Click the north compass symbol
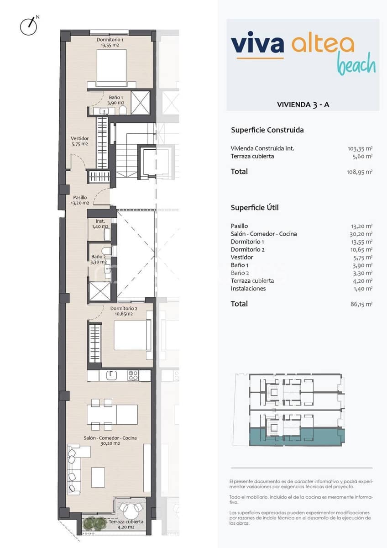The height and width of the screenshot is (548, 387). click(x=29, y=26)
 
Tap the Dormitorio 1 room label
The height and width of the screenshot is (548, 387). click(x=110, y=42)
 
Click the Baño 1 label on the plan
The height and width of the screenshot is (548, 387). click(x=115, y=100)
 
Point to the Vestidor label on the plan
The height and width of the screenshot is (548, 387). click(x=79, y=141)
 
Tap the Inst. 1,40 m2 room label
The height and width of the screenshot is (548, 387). click(x=100, y=224)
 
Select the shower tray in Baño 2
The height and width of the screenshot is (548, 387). click(x=99, y=291)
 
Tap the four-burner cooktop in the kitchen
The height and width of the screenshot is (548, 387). click(x=133, y=375)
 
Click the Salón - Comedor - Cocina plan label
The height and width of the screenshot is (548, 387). click(x=110, y=440)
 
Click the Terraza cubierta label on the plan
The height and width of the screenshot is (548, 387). click(x=126, y=524)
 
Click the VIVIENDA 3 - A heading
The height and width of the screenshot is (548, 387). click(x=303, y=105)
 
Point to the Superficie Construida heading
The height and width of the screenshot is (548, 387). click(x=267, y=130)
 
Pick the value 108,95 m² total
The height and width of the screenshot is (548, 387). click(x=360, y=172)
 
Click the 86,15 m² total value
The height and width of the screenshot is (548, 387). click(x=361, y=304)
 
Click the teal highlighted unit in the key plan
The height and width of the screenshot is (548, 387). click(x=297, y=437)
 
